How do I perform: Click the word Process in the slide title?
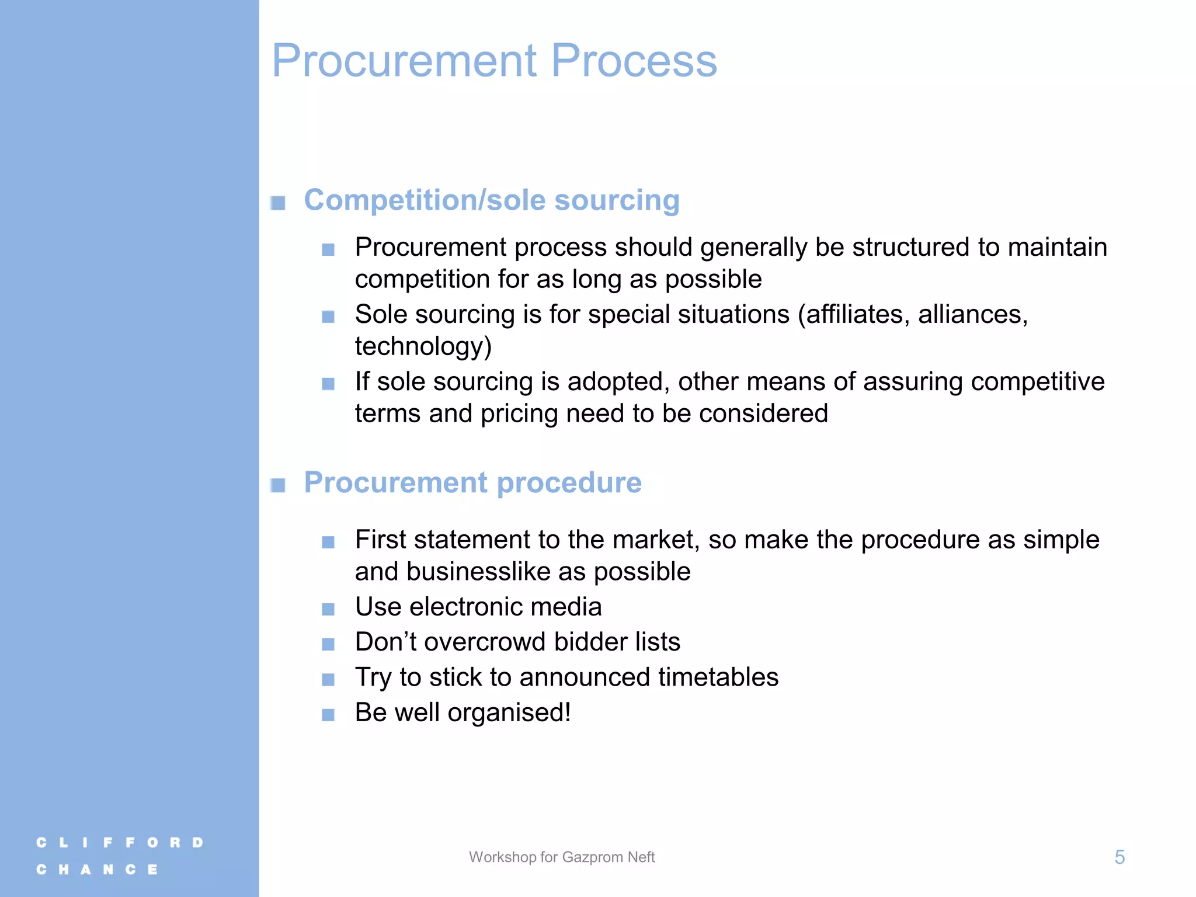(x=634, y=61)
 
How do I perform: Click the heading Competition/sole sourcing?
(x=492, y=200)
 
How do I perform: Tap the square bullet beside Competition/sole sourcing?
(x=278, y=203)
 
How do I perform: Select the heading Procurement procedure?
(x=472, y=483)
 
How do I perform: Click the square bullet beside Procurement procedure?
(x=278, y=485)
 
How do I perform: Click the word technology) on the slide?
(x=423, y=346)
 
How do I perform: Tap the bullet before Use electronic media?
(x=328, y=610)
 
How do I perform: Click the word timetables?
(x=718, y=677)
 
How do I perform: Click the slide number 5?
(x=1119, y=857)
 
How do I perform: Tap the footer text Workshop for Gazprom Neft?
(x=562, y=857)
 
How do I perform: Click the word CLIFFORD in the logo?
(x=120, y=843)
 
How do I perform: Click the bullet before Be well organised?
(x=328, y=715)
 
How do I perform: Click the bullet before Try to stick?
(x=328, y=680)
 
